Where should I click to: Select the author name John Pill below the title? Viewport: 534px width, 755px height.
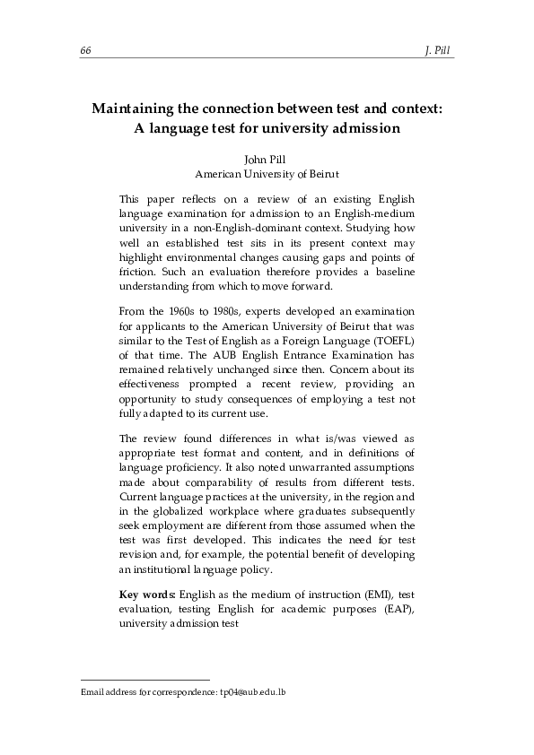click(266, 160)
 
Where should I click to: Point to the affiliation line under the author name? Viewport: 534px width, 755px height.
click(267, 174)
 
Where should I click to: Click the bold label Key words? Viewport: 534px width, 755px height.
click(147, 595)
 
